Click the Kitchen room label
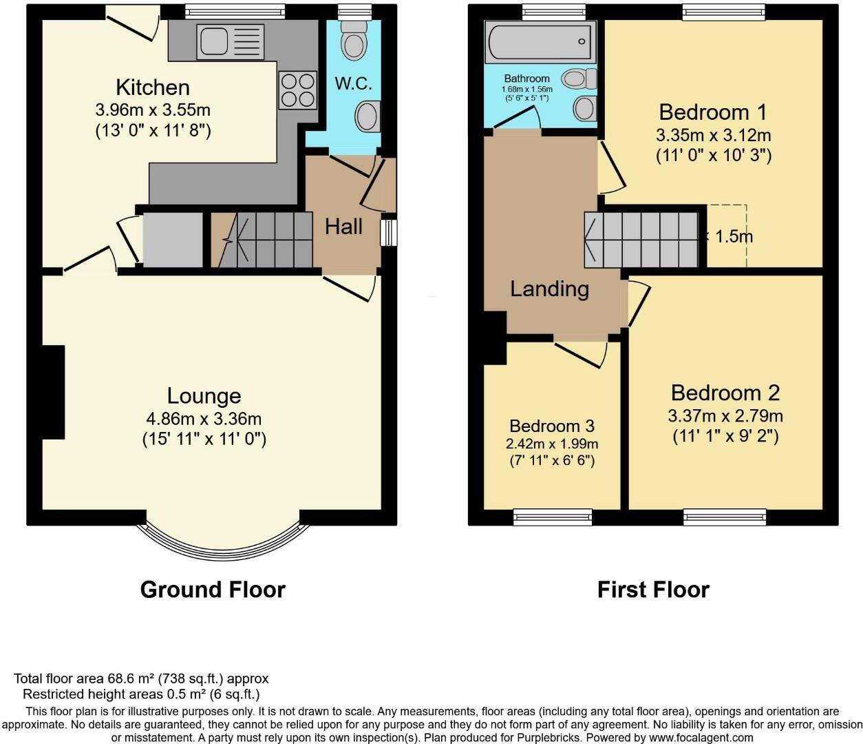152,87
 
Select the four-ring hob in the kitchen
297,90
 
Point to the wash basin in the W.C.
367,116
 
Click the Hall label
343,226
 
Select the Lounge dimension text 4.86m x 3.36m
204,418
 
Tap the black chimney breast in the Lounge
54,391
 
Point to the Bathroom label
526,79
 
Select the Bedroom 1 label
712,112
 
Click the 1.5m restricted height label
734,236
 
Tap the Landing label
549,289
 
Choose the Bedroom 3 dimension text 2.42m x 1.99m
551,444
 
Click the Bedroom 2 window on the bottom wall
724,516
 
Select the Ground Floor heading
212,590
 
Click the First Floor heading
652,590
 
